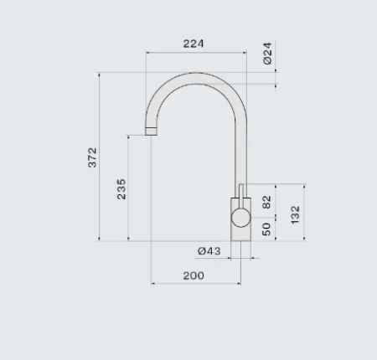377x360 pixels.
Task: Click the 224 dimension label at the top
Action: pyautogui.click(x=194, y=44)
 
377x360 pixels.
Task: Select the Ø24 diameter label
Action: pyautogui.click(x=267, y=55)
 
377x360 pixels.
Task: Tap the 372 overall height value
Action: pyautogui.click(x=93, y=157)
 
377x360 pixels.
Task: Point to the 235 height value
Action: pyautogui.click(x=121, y=188)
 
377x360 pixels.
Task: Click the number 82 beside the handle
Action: pyautogui.click(x=267, y=202)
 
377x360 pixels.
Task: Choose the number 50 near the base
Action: pyautogui.click(x=267, y=229)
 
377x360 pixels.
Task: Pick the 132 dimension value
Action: pyautogui.click(x=295, y=214)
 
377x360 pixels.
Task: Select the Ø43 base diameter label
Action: pyautogui.click(x=209, y=251)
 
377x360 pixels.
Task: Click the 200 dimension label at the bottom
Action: pyautogui.click(x=194, y=275)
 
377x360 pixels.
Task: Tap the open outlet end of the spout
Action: pyautogui.click(x=152, y=131)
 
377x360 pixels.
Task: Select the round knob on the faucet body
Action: pyautogui.click(x=240, y=219)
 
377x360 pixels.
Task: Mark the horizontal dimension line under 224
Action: pyautogui.click(x=195, y=53)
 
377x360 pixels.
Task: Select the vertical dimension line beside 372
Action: pyautogui.click(x=101, y=157)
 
